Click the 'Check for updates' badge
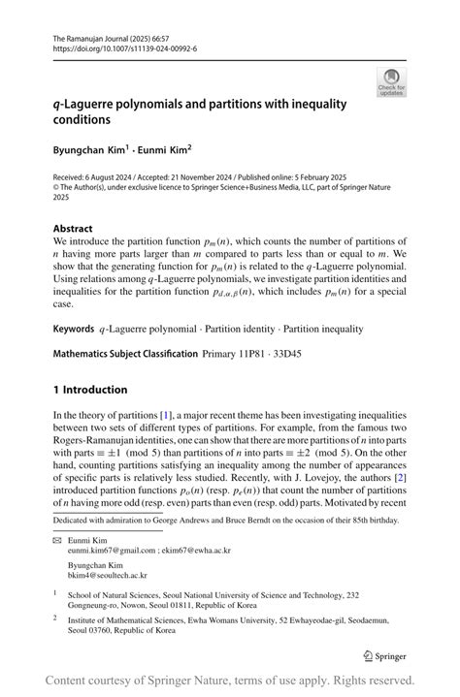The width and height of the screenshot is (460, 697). (x=391, y=81)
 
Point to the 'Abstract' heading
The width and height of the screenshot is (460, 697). (x=75, y=229)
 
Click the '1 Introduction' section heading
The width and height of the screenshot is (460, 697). (x=90, y=390)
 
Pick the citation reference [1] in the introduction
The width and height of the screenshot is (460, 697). (x=192, y=415)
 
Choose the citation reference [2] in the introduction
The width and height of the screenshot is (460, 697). (x=399, y=477)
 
